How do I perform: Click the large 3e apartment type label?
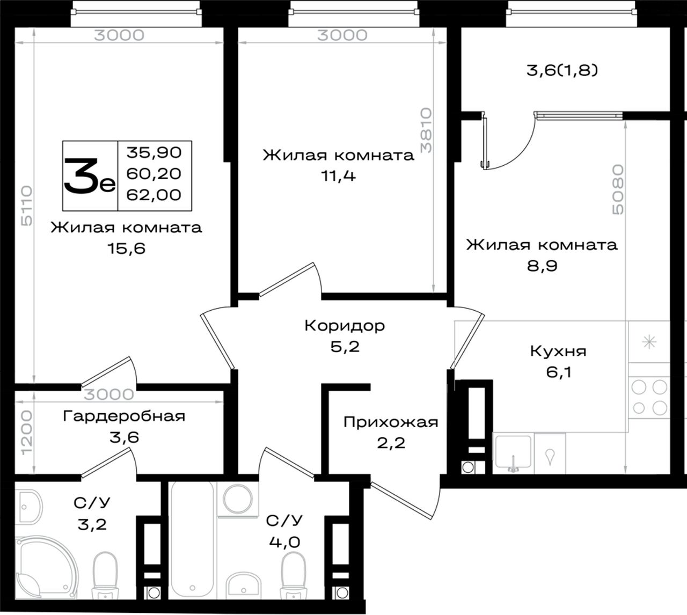point(90,177)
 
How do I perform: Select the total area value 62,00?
point(154,195)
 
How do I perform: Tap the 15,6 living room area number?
point(127,248)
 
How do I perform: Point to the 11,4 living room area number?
point(339,176)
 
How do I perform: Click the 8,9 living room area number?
point(542,266)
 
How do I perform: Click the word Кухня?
point(558,351)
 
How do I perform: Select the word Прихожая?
point(391,422)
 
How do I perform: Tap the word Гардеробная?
point(124,416)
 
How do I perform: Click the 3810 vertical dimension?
point(426,130)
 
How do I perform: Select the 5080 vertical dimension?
point(618,189)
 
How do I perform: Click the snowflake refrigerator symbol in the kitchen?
point(649,342)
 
